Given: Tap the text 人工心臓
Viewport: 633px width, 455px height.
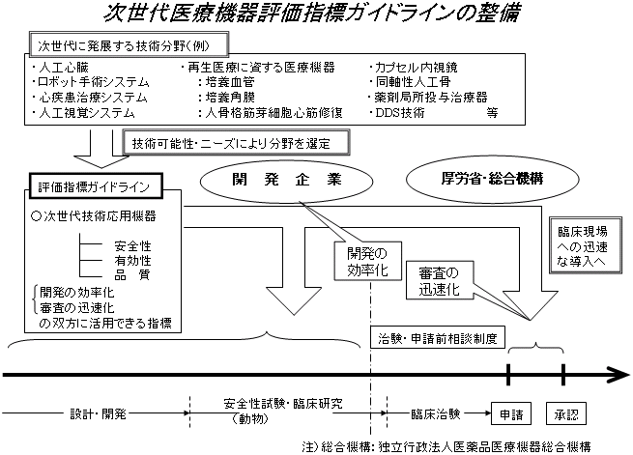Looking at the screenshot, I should click(62, 69).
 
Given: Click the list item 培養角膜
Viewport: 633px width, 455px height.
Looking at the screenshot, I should click(231, 98).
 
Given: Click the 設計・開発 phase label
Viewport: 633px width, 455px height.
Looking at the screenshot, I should click(98, 412).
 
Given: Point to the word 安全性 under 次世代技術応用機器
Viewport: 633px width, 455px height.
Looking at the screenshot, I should click(130, 246).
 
